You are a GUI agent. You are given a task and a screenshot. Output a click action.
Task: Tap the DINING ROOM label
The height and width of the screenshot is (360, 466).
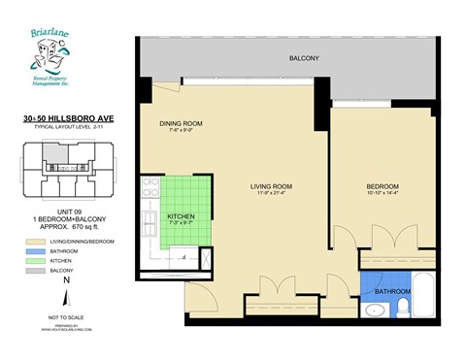pyautogui.click(x=181, y=123)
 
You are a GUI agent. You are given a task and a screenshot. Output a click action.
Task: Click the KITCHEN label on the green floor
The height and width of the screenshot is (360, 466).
pyautogui.click(x=181, y=216)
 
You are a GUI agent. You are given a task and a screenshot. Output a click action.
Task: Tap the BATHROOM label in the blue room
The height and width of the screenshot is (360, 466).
pyautogui.click(x=392, y=291)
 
